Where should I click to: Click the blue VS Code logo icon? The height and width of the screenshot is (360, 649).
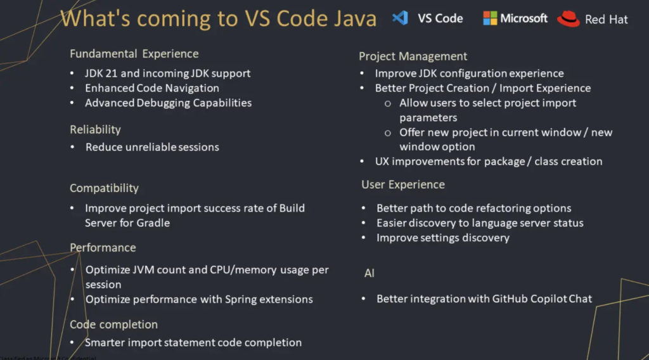[x=400, y=18]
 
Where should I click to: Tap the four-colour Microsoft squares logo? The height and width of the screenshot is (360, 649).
[x=490, y=18]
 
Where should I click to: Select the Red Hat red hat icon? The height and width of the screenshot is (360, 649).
[x=569, y=19]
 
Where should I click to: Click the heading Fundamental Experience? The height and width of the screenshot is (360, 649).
[x=134, y=54]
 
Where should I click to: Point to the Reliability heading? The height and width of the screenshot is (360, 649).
[x=95, y=129]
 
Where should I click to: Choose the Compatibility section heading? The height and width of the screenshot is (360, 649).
[x=104, y=188]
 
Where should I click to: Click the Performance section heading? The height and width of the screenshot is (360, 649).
[x=103, y=247]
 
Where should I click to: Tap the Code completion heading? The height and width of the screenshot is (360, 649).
[x=113, y=325]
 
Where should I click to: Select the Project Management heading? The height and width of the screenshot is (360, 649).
[x=413, y=56]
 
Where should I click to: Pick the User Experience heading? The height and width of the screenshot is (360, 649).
[x=403, y=184]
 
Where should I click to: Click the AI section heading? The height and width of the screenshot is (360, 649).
[x=369, y=273]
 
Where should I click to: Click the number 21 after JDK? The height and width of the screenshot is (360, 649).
[x=112, y=73]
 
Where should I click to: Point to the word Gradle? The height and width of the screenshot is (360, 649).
[x=153, y=222]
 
